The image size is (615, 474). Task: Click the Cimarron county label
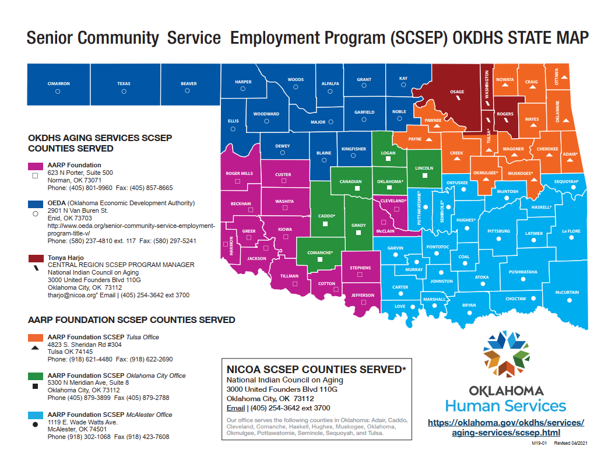pyautogui.click(x=58, y=83)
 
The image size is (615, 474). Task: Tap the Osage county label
pyautogui.click(x=457, y=92)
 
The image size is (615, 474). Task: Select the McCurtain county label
pyautogui.click(x=567, y=292)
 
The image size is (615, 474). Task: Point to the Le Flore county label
pyautogui.click(x=571, y=231)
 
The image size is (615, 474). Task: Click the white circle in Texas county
pyautogui.click(x=124, y=92)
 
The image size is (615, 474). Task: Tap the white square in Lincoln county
pyautogui.click(x=424, y=175)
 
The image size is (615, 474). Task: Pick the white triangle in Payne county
pyautogui.click(x=428, y=140)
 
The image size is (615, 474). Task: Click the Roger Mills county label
pyautogui.click(x=239, y=173)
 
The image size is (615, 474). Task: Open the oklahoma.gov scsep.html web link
pyautogui.click(x=505, y=427)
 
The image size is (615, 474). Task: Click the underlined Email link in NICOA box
pyautogui.click(x=235, y=408)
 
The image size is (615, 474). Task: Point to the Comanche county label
pyautogui.click(x=319, y=253)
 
